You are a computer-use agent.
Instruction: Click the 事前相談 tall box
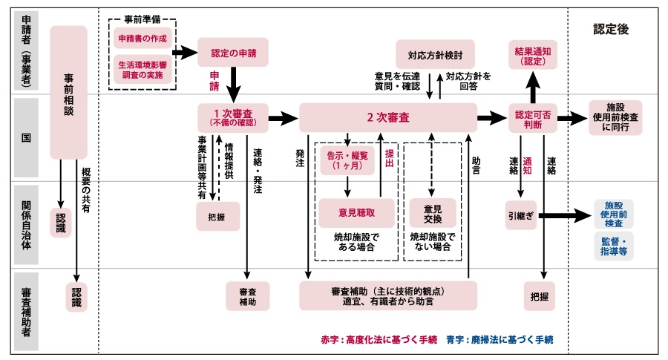(x=68, y=92)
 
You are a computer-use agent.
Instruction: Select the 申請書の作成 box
(x=143, y=37)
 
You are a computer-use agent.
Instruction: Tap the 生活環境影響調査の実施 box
(x=143, y=70)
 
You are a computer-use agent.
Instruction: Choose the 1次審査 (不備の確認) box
(x=231, y=117)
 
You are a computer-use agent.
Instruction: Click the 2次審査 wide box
(x=387, y=117)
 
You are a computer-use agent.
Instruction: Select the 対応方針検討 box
(x=435, y=54)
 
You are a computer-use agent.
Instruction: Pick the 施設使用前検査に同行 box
(x=615, y=117)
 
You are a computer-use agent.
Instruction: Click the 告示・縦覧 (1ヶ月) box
(x=346, y=161)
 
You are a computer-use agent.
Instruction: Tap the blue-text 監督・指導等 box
(x=614, y=246)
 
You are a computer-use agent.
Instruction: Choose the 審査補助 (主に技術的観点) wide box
(x=387, y=295)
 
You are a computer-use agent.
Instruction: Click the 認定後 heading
(x=610, y=29)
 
